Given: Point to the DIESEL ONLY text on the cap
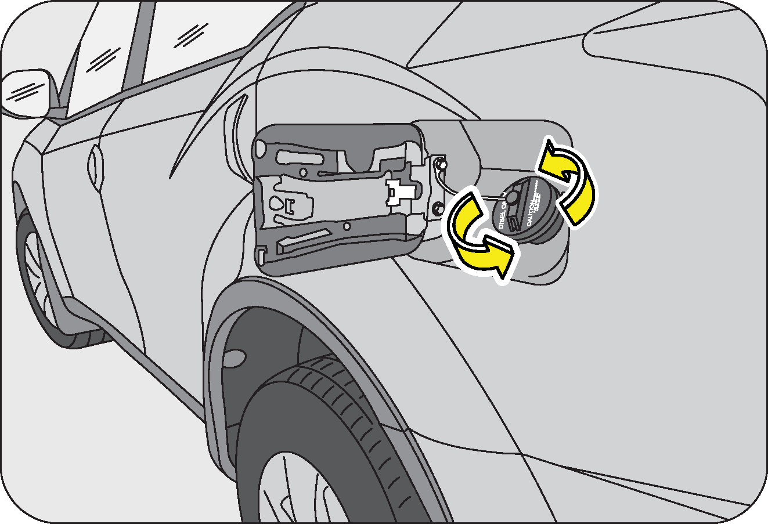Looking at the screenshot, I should [x=503, y=215].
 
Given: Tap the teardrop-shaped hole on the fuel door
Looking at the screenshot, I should [x=277, y=204].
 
